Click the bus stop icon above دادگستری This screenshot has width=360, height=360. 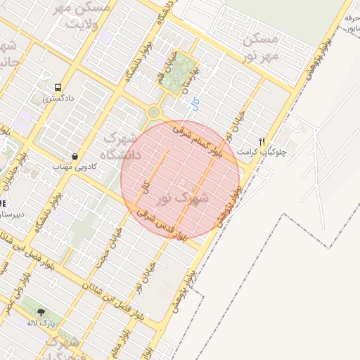click(56, 87)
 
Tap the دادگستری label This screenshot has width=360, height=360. click(56, 99)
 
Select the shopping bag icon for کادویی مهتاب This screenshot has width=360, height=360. click(75, 156)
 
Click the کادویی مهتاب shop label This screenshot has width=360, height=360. click(74, 167)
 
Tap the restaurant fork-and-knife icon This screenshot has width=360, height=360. click(262, 141)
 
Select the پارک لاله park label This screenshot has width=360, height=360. click(41, 323)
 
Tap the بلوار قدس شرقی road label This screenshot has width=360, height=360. click(162, 226)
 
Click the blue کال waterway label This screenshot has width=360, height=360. click(195, 104)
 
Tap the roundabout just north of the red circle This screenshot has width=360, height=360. click(154, 112)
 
